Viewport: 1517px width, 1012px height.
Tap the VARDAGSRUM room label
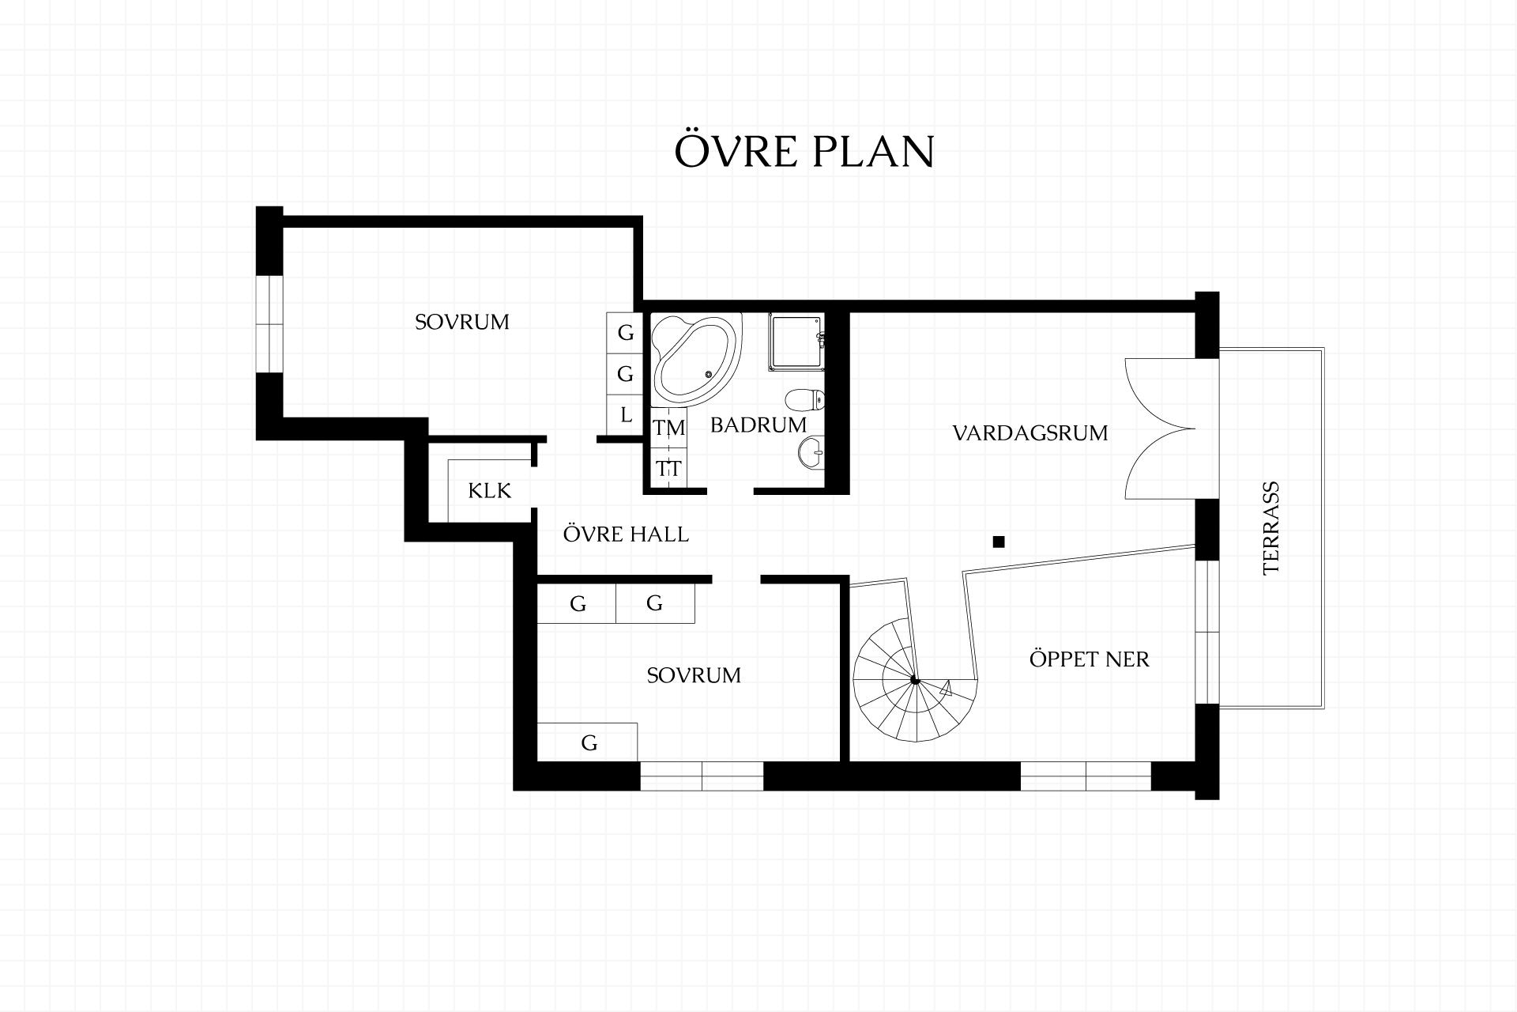tap(1030, 433)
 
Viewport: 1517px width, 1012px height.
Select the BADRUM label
tap(758, 425)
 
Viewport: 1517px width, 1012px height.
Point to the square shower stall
tap(796, 342)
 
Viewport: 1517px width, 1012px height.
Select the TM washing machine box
tap(668, 428)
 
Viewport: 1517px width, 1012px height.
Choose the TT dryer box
tap(668, 468)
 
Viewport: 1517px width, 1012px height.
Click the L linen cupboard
tap(626, 414)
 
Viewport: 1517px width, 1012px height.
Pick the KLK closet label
tap(490, 491)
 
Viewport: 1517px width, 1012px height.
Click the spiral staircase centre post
tap(914, 680)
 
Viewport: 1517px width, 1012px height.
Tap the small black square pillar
tap(999, 542)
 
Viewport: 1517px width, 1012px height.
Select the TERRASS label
tap(1271, 528)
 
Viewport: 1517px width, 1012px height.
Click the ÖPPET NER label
tap(1089, 659)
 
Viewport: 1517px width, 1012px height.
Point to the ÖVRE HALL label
tap(626, 534)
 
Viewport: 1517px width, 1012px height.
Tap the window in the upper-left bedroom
tap(269, 323)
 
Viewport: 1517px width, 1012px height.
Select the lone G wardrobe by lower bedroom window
tap(588, 742)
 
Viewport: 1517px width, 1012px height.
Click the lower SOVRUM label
tap(694, 675)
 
